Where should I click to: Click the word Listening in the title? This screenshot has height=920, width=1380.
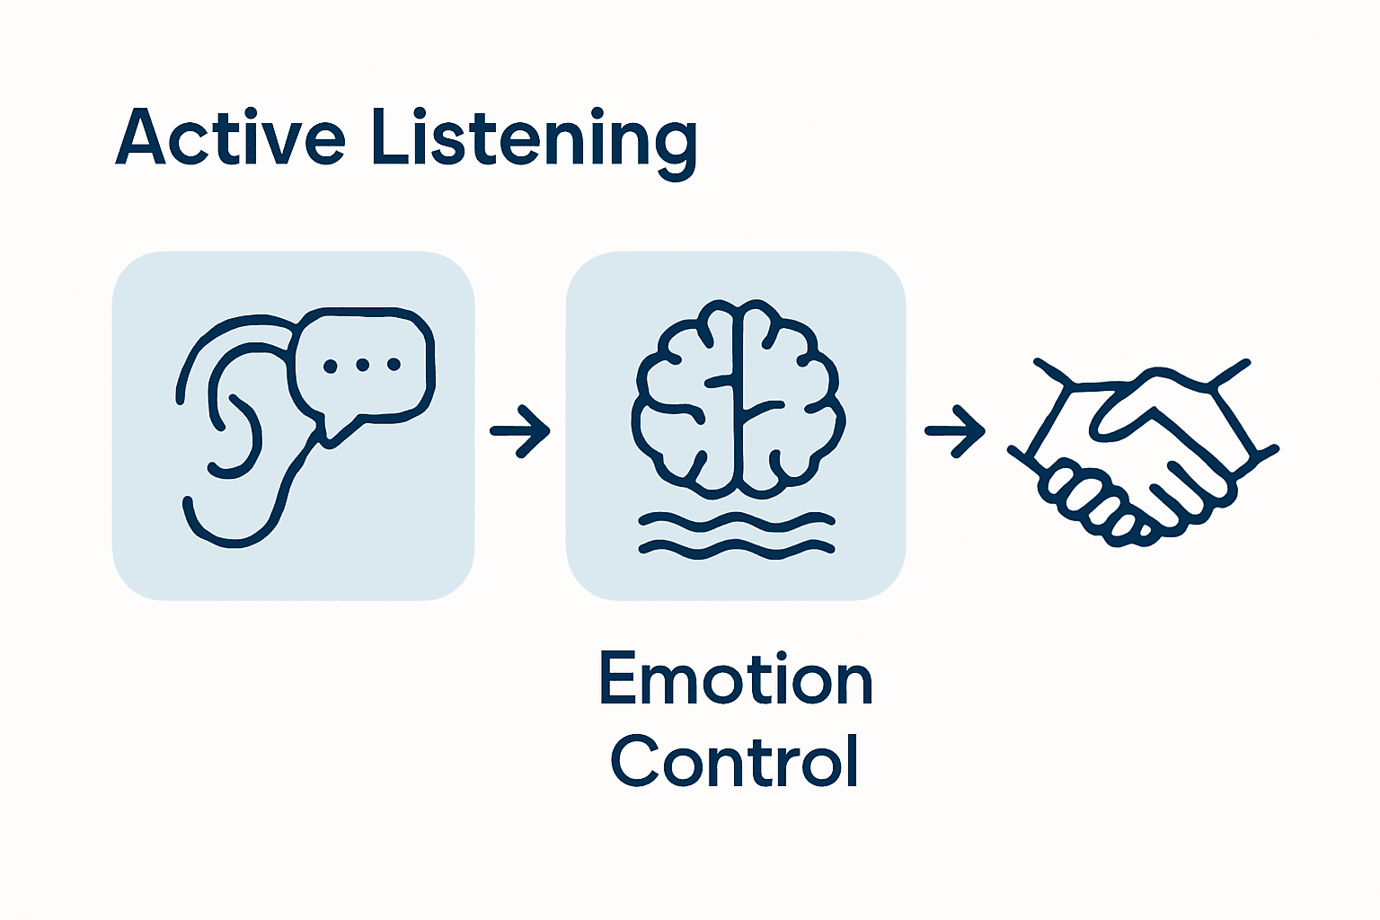(x=534, y=139)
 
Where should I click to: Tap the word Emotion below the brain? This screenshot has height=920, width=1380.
(x=736, y=679)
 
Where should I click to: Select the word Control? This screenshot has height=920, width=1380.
(x=735, y=761)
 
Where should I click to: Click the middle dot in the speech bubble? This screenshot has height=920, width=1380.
(x=362, y=365)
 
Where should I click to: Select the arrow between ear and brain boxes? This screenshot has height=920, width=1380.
(x=520, y=431)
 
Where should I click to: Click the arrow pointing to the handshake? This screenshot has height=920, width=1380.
(x=955, y=431)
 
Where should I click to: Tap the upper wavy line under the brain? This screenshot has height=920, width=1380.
(x=737, y=520)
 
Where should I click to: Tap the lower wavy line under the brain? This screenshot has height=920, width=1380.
(x=737, y=548)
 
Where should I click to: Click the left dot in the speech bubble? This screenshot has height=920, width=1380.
(x=331, y=366)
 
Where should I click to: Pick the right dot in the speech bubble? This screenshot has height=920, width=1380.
(x=394, y=365)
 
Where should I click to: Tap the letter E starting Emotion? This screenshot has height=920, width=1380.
(x=618, y=679)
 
